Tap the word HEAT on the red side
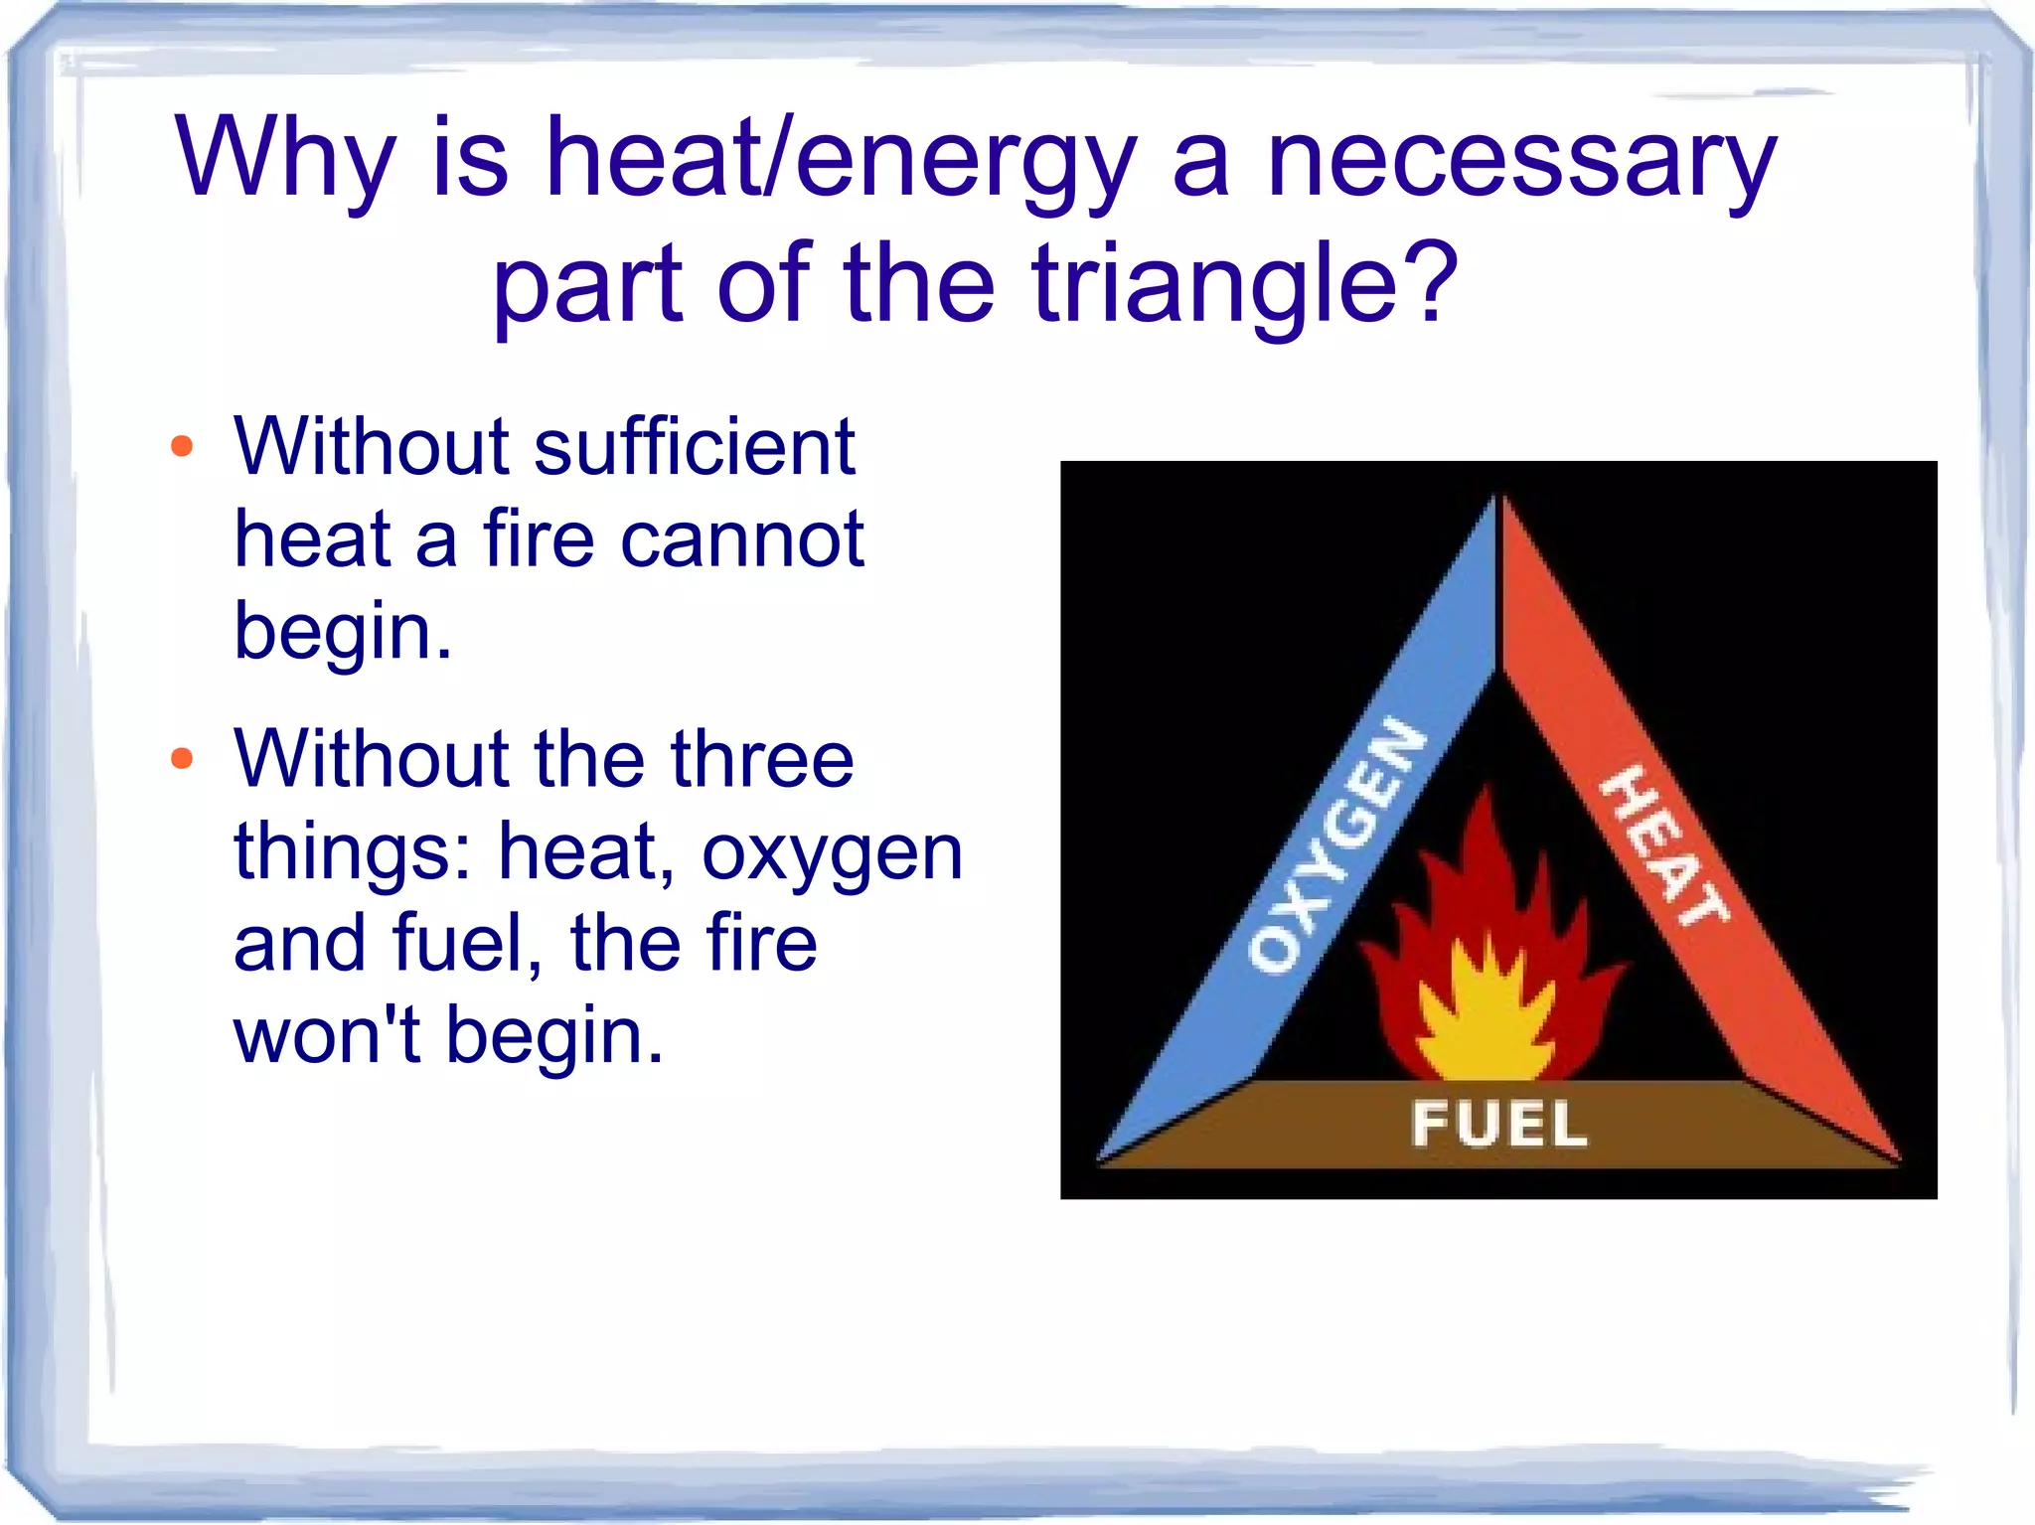[x=1662, y=844]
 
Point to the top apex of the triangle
[x=1499, y=498]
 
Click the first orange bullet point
[x=182, y=446]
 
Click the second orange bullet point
[x=182, y=759]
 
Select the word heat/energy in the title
[x=841, y=159]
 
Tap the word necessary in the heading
[x=1521, y=159]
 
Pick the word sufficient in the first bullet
[x=695, y=446]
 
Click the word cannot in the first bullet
[x=741, y=538]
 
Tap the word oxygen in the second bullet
[x=833, y=852]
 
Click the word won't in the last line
[x=327, y=1035]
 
